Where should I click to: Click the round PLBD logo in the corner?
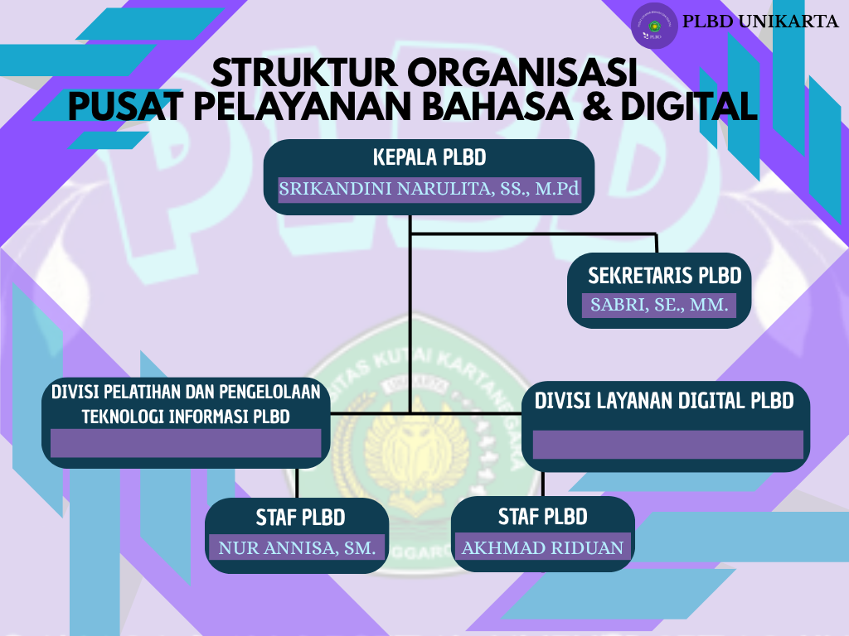coord(654,26)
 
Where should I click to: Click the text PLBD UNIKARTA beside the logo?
coord(760,21)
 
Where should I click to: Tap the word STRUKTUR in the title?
coord(303,73)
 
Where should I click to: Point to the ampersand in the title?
coord(597,106)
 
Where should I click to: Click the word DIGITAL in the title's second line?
coord(689,106)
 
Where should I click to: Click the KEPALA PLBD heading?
coord(429,157)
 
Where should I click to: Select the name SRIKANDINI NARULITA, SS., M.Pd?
coord(429,189)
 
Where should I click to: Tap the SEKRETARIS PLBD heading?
coord(664,276)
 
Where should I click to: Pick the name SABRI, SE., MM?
coord(659,305)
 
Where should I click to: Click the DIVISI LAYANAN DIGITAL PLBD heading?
coord(664,401)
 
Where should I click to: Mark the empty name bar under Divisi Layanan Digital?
coord(667,445)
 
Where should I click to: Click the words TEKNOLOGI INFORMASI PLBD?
coord(186,417)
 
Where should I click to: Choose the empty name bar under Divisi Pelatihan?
coord(186,443)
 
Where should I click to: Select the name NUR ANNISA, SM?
coord(297,548)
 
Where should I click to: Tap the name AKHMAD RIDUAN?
coord(542,548)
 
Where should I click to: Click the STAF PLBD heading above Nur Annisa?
coord(300,518)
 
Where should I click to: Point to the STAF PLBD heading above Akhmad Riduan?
coord(542,517)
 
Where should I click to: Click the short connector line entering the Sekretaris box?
coord(657,243)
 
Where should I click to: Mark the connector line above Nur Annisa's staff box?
coord(297,483)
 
